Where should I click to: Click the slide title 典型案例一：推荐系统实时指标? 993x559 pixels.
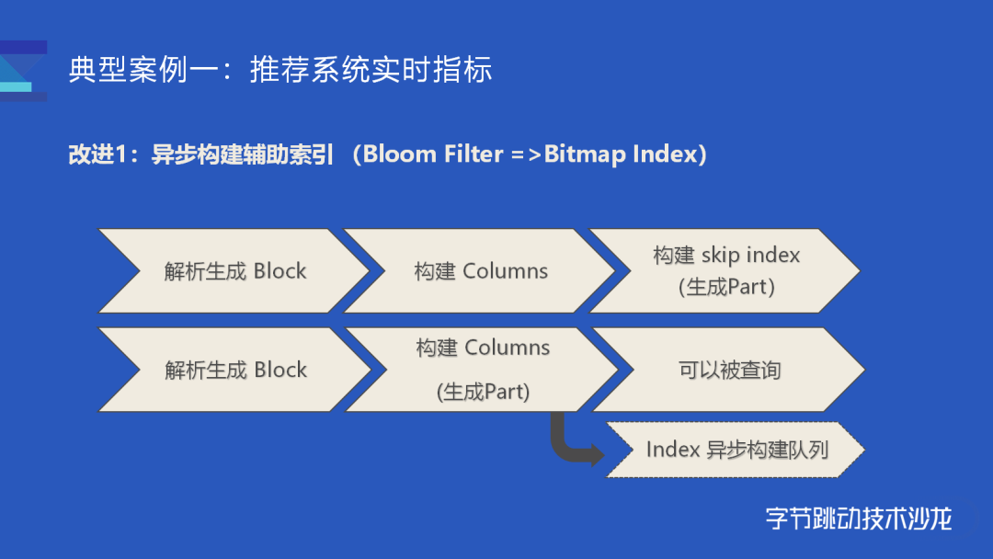(x=280, y=70)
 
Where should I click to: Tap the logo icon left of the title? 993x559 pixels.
(x=23, y=71)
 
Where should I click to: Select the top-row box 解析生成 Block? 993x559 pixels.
(x=234, y=271)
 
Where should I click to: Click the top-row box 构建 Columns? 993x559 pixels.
(x=479, y=271)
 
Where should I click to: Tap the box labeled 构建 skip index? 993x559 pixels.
(x=725, y=271)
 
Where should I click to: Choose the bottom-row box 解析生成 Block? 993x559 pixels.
(x=235, y=370)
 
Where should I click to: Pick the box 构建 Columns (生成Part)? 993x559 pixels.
(x=482, y=370)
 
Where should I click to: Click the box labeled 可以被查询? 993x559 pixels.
(x=729, y=370)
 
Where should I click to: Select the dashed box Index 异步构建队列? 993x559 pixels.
(x=736, y=450)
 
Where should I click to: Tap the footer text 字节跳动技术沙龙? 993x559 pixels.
(x=859, y=519)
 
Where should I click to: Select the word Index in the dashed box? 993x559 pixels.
(x=672, y=450)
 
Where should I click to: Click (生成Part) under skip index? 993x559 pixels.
(x=726, y=288)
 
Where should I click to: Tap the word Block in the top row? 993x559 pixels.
(x=280, y=271)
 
